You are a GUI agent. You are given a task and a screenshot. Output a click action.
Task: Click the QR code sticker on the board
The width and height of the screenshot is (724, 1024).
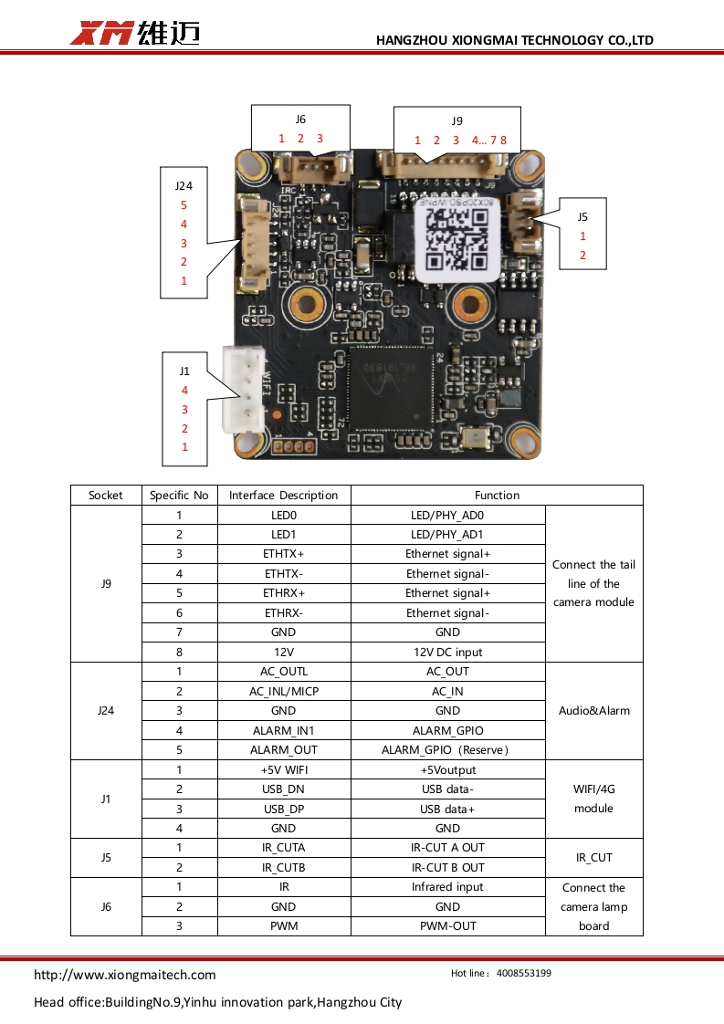[x=457, y=235]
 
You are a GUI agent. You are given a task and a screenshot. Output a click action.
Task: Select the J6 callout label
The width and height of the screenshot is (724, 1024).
[x=300, y=120]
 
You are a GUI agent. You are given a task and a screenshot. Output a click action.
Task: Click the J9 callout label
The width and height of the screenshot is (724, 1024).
[x=456, y=120]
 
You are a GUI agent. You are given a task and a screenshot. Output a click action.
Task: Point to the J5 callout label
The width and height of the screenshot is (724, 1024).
[x=582, y=217]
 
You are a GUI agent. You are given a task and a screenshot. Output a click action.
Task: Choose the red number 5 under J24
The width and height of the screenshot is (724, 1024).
[x=184, y=205]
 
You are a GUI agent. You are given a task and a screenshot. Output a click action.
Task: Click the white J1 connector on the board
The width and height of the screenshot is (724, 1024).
[x=241, y=391]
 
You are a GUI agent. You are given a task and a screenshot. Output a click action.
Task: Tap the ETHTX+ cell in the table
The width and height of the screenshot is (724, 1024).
[x=283, y=554]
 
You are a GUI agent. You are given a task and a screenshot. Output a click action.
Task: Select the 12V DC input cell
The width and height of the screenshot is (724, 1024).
[x=447, y=653]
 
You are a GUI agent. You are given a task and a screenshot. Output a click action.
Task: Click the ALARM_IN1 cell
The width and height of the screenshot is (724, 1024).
[x=283, y=731]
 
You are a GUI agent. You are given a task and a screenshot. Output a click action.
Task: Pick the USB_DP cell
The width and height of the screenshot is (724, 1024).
[x=283, y=810]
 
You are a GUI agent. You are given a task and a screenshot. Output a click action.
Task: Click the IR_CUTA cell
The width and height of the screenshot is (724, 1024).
[x=283, y=848]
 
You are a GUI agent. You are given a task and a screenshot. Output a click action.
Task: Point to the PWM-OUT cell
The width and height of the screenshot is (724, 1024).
[x=447, y=926]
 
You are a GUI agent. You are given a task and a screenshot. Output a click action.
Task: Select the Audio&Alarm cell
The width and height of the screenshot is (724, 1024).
[x=593, y=711]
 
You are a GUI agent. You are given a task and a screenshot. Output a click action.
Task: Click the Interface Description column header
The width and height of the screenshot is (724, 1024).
[x=283, y=496]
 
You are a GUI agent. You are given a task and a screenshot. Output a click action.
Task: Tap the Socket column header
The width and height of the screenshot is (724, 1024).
[x=106, y=496]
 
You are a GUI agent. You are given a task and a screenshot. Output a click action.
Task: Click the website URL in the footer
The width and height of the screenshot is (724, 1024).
[x=125, y=975]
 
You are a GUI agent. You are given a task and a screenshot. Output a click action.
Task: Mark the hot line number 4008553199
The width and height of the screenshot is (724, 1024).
[x=524, y=974]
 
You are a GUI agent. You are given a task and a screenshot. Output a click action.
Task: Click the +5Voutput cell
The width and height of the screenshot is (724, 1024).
[x=447, y=770]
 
